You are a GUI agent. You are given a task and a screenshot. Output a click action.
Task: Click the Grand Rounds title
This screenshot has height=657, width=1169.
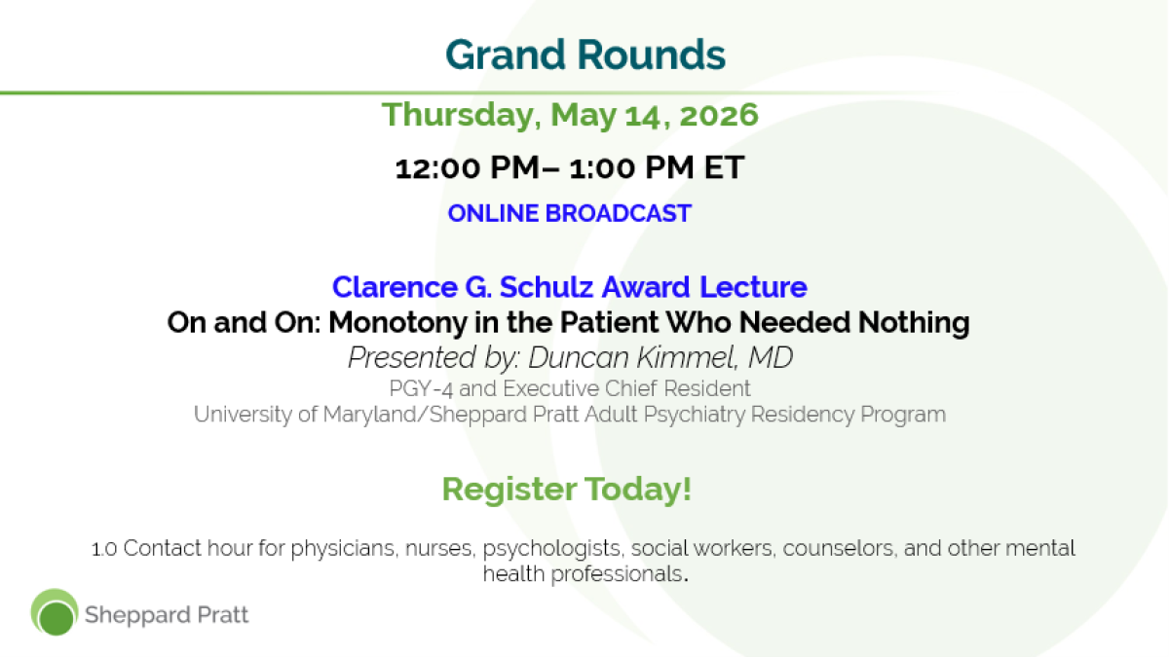coord(585,55)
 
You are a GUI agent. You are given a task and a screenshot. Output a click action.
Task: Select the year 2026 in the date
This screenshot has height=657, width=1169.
coord(719,115)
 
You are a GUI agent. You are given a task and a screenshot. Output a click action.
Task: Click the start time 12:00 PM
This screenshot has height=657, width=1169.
coord(467,167)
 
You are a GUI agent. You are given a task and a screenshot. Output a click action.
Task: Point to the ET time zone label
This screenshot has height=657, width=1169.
coord(724,167)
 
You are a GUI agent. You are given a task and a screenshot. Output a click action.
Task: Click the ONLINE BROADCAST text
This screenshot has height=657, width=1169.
coord(569,213)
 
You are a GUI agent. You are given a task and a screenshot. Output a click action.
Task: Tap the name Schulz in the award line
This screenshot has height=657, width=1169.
coord(547,287)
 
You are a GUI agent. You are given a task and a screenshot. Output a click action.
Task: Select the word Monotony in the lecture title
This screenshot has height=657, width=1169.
coord(397,323)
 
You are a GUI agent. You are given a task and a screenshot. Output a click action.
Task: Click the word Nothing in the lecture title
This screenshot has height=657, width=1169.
coord(914,323)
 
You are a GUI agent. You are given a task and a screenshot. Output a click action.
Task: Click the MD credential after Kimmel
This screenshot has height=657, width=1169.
coord(771,358)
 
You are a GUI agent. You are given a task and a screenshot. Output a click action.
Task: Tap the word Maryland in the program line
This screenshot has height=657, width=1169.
coord(370,415)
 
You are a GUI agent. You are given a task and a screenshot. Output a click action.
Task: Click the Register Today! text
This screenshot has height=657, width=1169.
coord(567,489)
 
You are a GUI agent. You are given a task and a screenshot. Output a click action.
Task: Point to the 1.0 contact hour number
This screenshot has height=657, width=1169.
coord(104,549)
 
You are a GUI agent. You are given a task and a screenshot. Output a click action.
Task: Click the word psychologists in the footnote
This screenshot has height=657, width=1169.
coord(551,549)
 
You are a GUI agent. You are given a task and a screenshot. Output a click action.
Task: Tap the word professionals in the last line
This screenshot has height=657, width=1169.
coord(617,574)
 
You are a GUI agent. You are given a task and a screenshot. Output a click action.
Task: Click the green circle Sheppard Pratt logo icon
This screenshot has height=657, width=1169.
coord(55,612)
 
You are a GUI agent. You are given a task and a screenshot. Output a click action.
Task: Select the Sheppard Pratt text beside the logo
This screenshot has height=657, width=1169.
coord(167,615)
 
